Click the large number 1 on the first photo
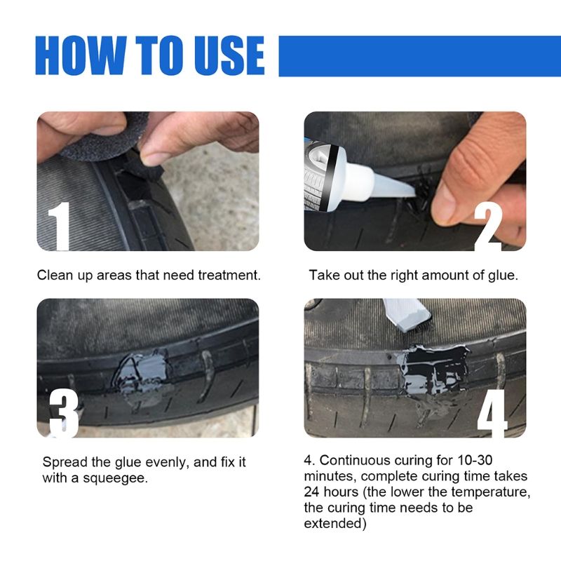pyautogui.click(x=62, y=225)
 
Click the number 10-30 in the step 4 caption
pyautogui.click(x=475, y=461)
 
